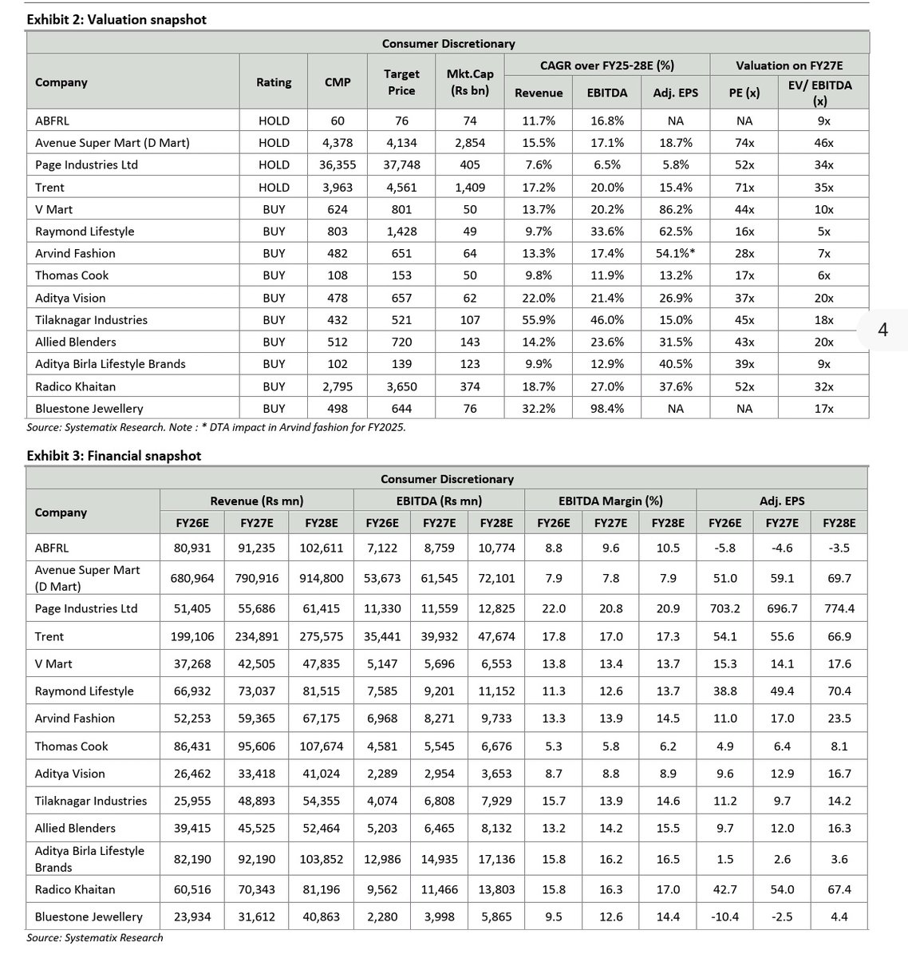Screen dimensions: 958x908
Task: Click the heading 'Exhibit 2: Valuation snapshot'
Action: pos(116,19)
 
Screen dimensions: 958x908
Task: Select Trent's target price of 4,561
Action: pos(401,188)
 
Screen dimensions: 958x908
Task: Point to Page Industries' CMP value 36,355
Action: pos(338,165)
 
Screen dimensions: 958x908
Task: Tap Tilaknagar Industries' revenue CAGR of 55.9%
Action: pos(539,320)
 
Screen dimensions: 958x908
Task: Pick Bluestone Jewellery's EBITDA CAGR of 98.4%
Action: pos(606,409)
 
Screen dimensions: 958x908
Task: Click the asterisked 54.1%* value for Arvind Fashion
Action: pos(675,254)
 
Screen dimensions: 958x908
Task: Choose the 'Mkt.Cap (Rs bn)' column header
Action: pos(470,82)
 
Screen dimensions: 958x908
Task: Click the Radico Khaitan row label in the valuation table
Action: pos(75,386)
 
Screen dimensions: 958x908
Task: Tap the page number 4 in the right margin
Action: pos(882,329)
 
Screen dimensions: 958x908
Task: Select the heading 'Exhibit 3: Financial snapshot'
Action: pos(113,456)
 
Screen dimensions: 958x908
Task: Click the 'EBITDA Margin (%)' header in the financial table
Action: pos(610,501)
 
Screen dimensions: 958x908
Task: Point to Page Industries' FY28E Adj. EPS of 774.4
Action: pos(839,608)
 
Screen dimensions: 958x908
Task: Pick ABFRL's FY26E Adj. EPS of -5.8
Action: pos(724,548)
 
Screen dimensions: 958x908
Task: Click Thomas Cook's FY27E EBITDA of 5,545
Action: pos(439,746)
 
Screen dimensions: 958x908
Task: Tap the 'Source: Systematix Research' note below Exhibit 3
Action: pos(94,938)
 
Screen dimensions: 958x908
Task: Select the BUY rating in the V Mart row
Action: pos(274,210)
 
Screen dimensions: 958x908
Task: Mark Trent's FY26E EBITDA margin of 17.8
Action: pos(553,637)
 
